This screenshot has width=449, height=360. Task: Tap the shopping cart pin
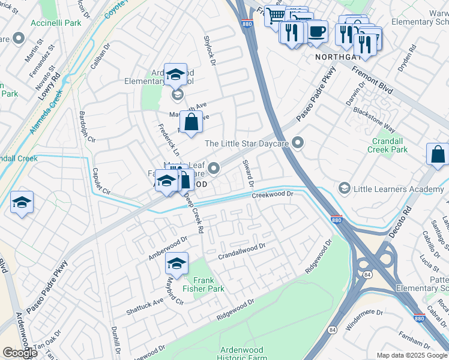click(x=275, y=15)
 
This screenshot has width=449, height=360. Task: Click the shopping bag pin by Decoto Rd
click(x=438, y=154)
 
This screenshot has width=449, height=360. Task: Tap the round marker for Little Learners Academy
click(x=344, y=190)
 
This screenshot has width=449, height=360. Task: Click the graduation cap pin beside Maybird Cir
click(x=176, y=263)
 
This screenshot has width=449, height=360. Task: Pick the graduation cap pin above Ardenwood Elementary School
click(x=175, y=74)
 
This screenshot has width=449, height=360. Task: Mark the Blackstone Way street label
click(x=373, y=119)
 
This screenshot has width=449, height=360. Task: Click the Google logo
click(x=20, y=353)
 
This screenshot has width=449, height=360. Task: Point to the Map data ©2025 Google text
click(x=411, y=355)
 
